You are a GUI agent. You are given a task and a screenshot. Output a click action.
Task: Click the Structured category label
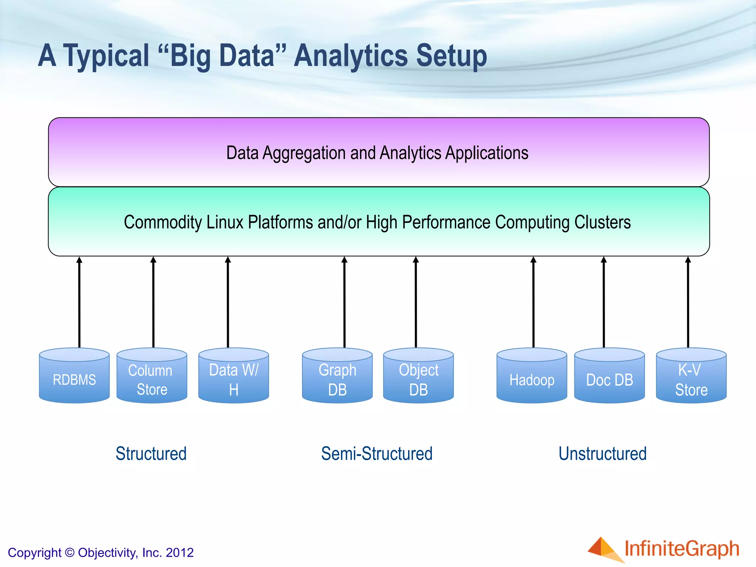[x=151, y=454]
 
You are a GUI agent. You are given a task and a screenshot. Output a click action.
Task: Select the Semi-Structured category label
[x=377, y=454]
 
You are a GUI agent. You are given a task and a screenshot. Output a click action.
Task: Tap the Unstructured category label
[x=602, y=454]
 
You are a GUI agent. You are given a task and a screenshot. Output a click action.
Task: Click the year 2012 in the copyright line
[x=180, y=553]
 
